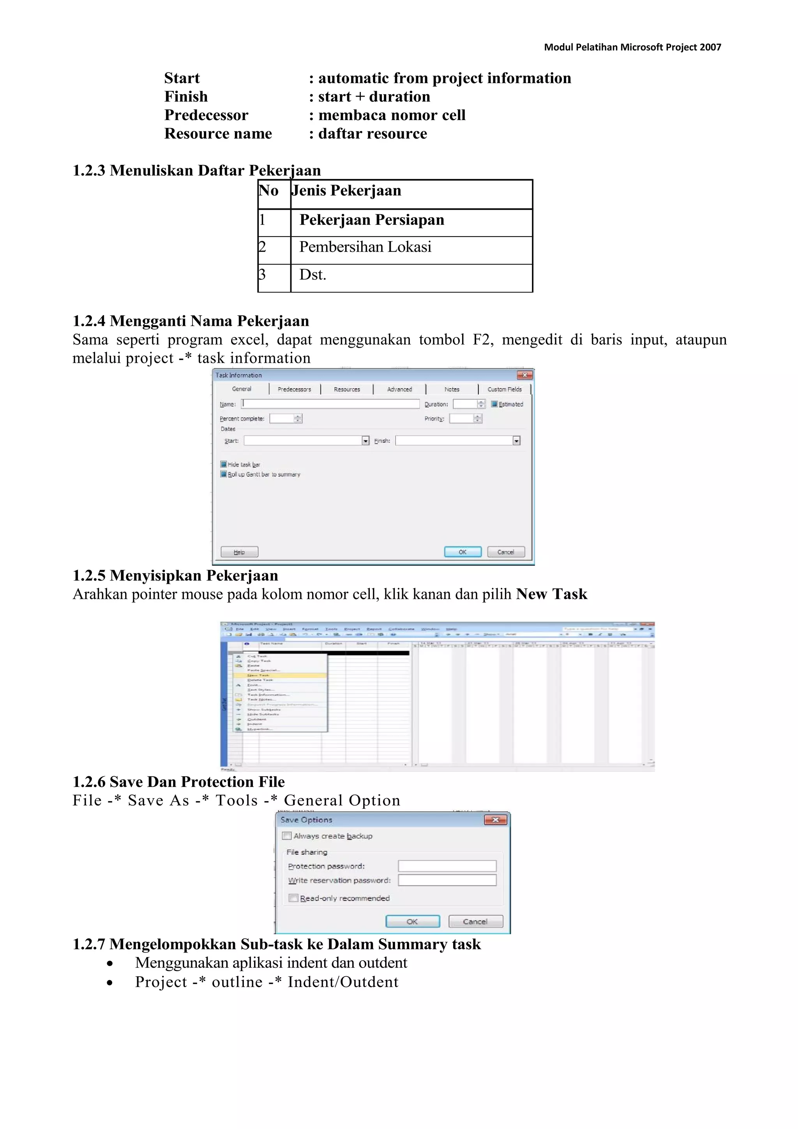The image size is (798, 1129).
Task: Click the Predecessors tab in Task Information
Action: coord(294,389)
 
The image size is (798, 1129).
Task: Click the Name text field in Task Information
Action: coord(330,404)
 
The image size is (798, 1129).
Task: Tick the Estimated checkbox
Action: coord(494,404)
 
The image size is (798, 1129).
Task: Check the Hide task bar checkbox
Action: coord(224,464)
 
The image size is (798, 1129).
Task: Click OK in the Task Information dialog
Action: coord(462,552)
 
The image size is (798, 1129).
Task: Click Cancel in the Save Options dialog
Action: coord(475,922)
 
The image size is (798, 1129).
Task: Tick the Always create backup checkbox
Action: coord(287,836)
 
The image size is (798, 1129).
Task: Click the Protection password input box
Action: coord(447,866)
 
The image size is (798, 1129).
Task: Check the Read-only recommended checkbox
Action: coord(293,898)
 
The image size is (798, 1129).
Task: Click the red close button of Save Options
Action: coord(495,820)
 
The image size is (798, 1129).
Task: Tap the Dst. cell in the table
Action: coord(313,275)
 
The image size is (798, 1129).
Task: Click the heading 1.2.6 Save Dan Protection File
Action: coord(178,782)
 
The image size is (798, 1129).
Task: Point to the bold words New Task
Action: coord(551,594)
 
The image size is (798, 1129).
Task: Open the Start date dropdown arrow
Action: coord(365,441)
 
